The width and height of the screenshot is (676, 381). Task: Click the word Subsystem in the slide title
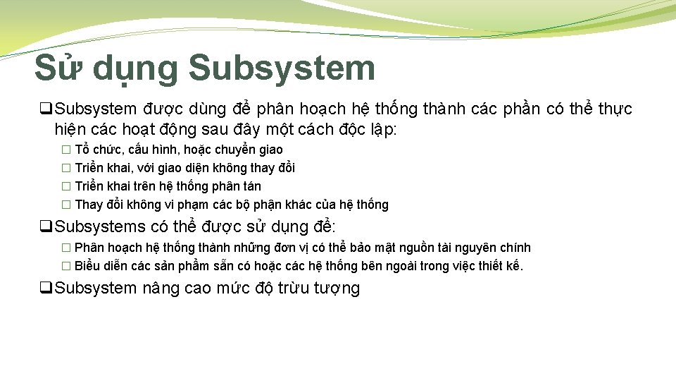(282, 68)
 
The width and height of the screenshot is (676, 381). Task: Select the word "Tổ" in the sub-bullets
(82, 150)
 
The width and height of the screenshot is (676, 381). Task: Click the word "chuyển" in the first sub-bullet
(234, 150)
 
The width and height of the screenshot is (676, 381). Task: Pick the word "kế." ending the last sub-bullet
(513, 266)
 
